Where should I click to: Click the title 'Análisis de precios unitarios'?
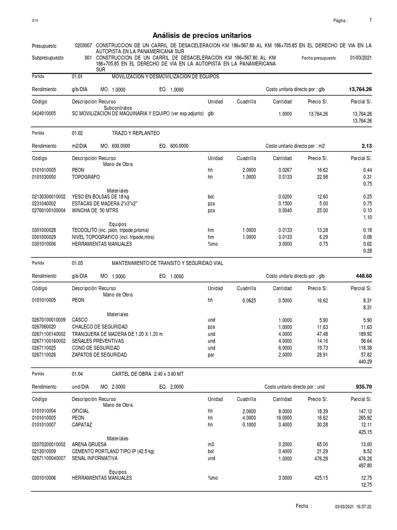(x=202, y=35)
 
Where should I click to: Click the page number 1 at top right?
(x=371, y=20)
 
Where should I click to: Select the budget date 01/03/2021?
(x=361, y=58)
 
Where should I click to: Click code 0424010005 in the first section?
(x=44, y=113)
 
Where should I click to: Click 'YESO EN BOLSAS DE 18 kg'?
(x=101, y=197)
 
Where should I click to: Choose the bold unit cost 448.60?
(x=363, y=276)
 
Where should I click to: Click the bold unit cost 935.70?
(x=363, y=386)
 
